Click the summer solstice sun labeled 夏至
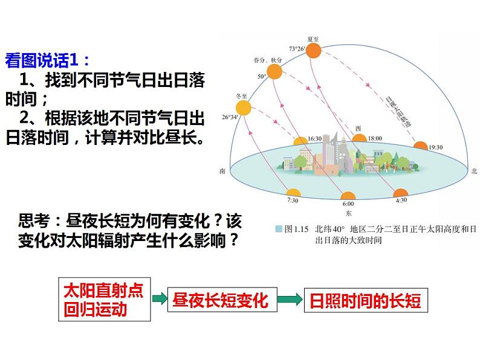tap(313, 50)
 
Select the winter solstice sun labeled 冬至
tap(243, 109)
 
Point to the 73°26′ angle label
tap(296, 48)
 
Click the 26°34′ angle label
tap(230, 117)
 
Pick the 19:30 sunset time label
tap(436, 146)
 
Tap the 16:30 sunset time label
tap(314, 138)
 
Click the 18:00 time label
tap(375, 138)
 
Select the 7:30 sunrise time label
tap(293, 199)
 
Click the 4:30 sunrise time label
tap(401, 199)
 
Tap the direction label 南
tap(223, 172)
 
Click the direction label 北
tap(473, 172)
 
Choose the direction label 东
tap(349, 214)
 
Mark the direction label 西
tap(358, 128)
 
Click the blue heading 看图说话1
tap(48, 60)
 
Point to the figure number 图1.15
tap(296, 229)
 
